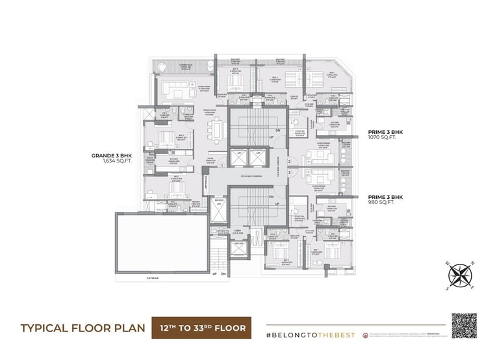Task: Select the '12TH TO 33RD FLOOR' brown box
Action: click(x=202, y=328)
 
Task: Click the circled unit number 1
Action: click(x=222, y=166)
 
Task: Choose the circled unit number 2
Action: click(x=290, y=161)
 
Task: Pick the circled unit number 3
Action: click(x=290, y=172)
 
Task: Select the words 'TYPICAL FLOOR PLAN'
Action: click(x=81, y=328)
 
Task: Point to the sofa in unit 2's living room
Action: click(x=314, y=155)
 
